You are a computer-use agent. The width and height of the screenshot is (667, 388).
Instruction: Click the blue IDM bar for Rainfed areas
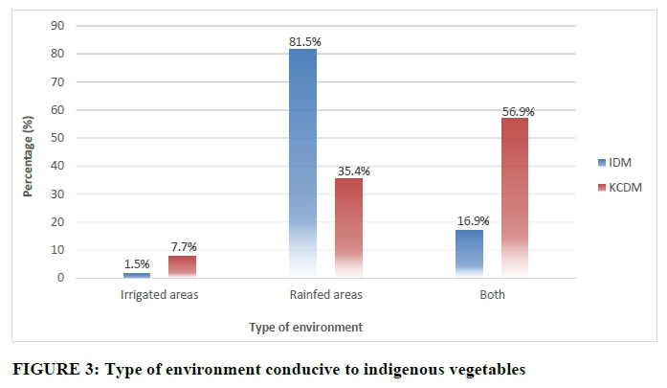pos(301,163)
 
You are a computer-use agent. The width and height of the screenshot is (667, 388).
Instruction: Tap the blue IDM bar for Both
pos(469,254)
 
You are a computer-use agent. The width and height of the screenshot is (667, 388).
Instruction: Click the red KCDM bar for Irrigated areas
pos(181,267)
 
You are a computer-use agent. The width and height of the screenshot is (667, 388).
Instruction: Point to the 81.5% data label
pos(303,41)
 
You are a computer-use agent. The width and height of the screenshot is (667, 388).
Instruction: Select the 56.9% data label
pos(518,111)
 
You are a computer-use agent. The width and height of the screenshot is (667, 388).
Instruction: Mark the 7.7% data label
pos(183,248)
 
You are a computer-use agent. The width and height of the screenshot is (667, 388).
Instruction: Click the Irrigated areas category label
pos(159,295)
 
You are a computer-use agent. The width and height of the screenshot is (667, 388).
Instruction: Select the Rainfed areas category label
pos(325,295)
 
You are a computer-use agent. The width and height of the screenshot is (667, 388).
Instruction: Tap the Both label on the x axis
pos(492,295)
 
